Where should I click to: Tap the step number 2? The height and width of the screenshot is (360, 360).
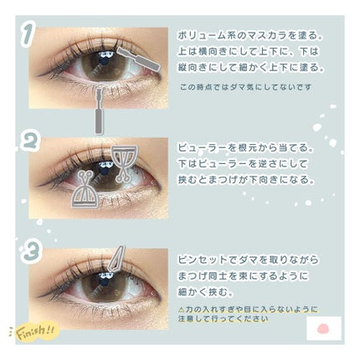[x=31, y=143]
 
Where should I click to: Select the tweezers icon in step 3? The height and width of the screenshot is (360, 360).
[x=116, y=260]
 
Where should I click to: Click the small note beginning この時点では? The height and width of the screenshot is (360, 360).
[x=239, y=86]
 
